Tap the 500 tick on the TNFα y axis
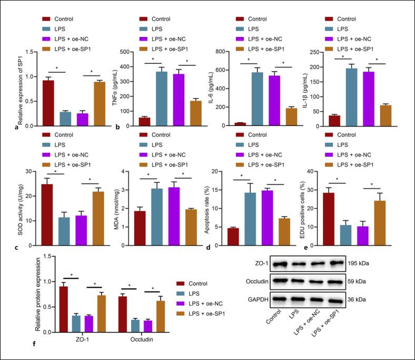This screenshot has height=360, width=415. tap(124, 52)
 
